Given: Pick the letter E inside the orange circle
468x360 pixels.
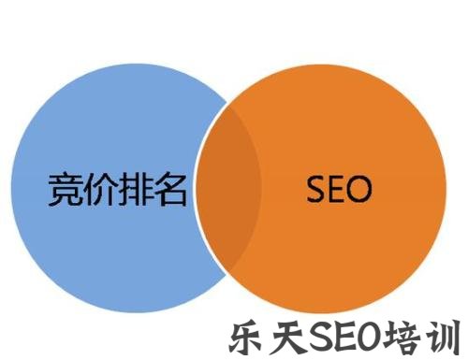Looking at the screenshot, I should pos(334,190).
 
